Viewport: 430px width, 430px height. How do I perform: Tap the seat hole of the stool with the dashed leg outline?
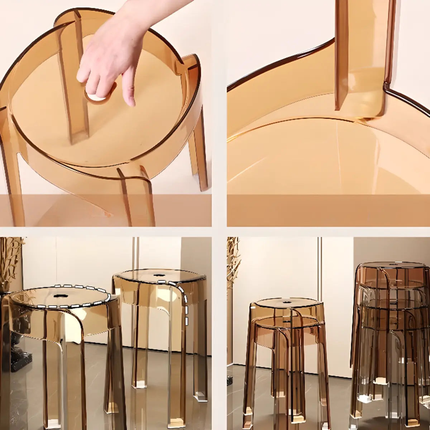click(x=158, y=276)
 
